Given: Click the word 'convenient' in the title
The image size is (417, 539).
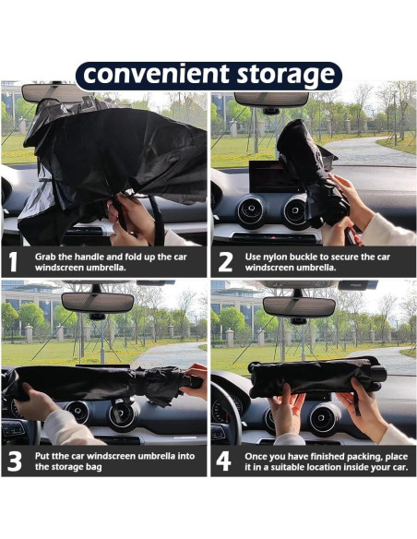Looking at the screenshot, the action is (x=156, y=74).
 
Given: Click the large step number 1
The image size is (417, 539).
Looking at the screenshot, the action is (x=13, y=262).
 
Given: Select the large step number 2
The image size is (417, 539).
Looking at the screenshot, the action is (x=225, y=262).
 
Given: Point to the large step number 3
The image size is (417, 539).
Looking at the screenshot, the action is (x=15, y=461).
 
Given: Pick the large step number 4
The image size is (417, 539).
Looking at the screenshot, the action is (x=223, y=461).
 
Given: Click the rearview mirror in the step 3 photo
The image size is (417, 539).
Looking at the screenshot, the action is (x=98, y=303).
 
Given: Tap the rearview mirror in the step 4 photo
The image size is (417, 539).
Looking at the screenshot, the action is (x=299, y=306).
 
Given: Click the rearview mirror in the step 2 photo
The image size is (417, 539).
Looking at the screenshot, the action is (x=271, y=99).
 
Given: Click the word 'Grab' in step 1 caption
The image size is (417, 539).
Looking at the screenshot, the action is (x=43, y=258).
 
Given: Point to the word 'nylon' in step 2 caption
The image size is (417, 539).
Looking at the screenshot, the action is (x=276, y=258).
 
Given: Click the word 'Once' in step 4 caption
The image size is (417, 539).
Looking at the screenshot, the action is (x=256, y=457).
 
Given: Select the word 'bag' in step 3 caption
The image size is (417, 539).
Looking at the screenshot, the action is (x=94, y=468).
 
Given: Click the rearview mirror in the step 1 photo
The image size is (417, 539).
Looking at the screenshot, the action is (x=52, y=93).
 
